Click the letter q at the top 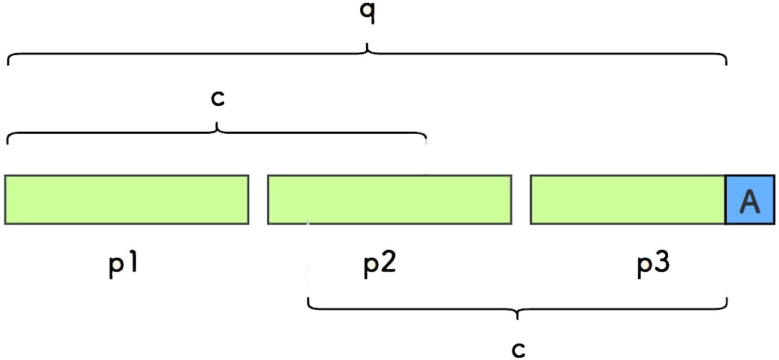click(x=367, y=14)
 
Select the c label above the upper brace click(x=218, y=98)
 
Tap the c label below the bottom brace click(x=518, y=349)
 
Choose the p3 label click(x=654, y=266)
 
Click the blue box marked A click(x=750, y=200)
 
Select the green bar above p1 click(x=127, y=200)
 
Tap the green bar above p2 click(x=389, y=200)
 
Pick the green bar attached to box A click(x=628, y=200)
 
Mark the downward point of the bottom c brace click(x=518, y=316)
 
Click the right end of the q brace click(x=727, y=63)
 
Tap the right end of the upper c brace click(x=426, y=140)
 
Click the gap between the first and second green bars click(x=258, y=200)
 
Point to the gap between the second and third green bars click(x=521, y=200)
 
